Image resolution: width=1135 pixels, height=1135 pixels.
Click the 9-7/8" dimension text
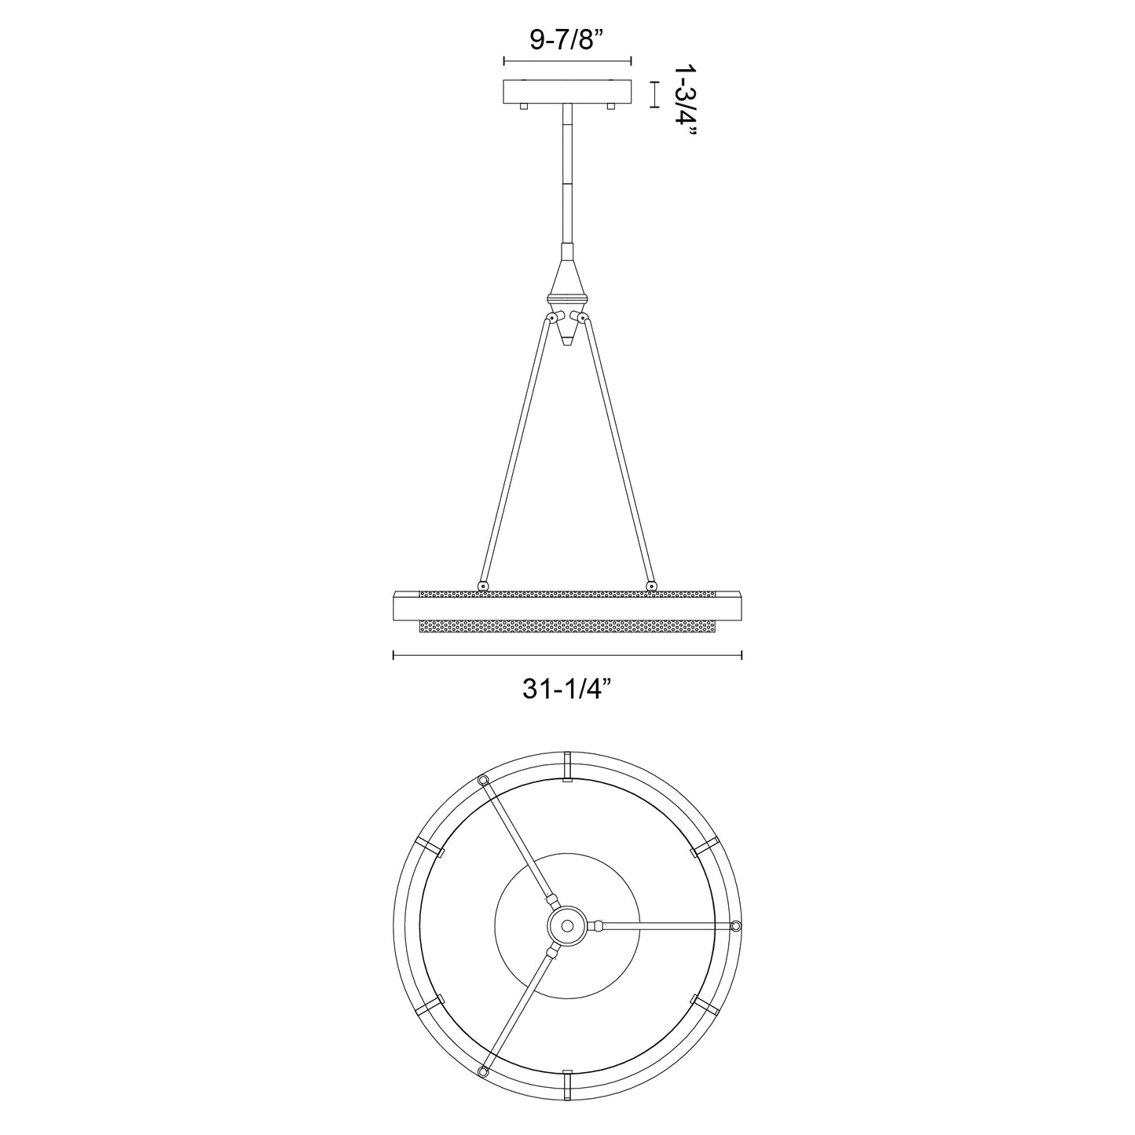pos(566,38)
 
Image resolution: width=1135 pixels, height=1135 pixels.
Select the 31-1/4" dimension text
pos(567,689)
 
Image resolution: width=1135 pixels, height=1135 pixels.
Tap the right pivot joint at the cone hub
pos(583,317)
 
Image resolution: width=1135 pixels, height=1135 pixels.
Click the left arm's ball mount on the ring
pos(481,585)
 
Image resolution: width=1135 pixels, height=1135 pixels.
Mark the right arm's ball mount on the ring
pos(650,585)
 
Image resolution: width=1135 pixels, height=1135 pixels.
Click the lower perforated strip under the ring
pos(567,628)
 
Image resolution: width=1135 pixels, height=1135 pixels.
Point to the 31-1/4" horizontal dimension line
pos(567,654)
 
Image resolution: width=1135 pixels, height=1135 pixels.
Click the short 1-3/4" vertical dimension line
pos(654,93)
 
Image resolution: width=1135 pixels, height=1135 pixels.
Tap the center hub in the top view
pos(566,927)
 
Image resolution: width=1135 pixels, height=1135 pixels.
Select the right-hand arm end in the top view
pos(735,926)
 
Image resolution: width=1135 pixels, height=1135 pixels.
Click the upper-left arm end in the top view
pos(482,779)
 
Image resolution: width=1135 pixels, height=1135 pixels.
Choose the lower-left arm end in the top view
pos(482,1072)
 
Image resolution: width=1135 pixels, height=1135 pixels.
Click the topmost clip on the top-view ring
pos(567,765)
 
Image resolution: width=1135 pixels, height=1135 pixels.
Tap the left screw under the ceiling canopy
pos(525,106)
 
